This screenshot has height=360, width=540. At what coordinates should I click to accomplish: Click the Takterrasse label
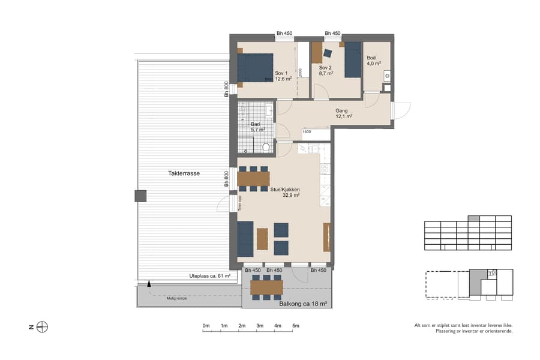(184, 173)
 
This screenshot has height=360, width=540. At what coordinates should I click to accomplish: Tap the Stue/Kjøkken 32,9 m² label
(285, 191)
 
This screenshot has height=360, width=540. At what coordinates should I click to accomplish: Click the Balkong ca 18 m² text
(303, 304)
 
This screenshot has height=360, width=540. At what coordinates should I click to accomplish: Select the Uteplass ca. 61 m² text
(210, 277)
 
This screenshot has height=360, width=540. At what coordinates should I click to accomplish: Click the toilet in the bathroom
(266, 147)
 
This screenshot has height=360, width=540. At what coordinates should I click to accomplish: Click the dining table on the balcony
(266, 287)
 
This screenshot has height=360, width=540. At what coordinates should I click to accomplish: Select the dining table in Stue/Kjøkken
(253, 179)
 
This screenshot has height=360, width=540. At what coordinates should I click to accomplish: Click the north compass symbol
(42, 327)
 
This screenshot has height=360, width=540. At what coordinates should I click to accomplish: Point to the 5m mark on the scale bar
(296, 326)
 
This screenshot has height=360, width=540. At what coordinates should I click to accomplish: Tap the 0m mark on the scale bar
(206, 326)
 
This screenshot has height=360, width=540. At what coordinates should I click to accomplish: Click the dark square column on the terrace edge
(140, 196)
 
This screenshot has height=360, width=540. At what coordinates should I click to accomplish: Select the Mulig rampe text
(177, 298)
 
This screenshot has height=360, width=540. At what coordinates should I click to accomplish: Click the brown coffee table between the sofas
(262, 239)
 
